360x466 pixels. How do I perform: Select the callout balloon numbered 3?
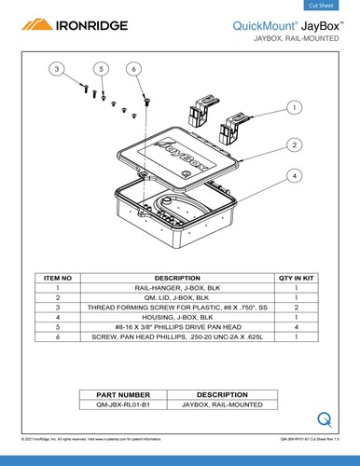(57, 70)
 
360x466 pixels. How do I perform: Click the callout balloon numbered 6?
(135, 70)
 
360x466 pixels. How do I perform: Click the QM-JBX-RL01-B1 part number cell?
(123, 405)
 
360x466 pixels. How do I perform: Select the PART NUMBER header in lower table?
(123, 395)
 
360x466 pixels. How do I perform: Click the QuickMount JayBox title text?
(291, 28)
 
